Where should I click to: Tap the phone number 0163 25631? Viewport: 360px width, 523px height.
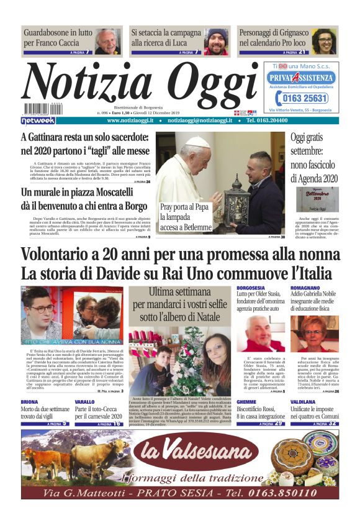point(300,98)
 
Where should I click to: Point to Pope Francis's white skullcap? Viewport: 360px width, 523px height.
point(198,142)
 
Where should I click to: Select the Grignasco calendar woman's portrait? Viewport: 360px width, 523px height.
point(324,41)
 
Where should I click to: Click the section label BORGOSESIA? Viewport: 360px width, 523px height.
point(250,288)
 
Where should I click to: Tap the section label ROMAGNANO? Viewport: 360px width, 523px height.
point(305,288)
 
